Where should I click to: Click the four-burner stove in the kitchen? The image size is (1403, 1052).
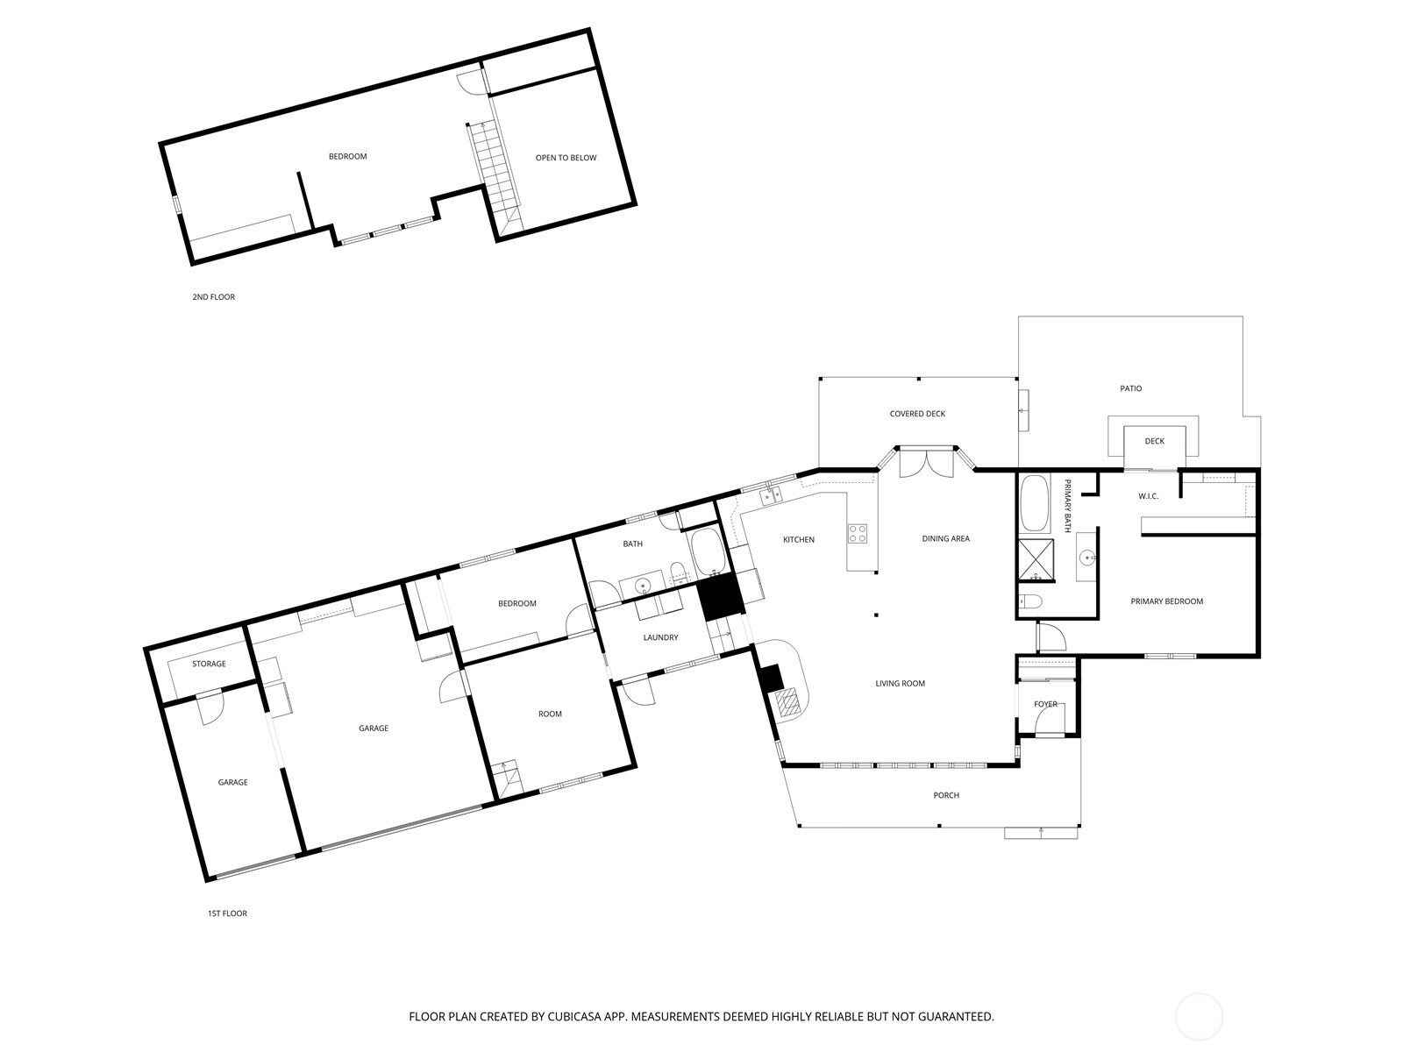[857, 533]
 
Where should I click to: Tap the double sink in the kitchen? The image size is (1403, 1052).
[770, 495]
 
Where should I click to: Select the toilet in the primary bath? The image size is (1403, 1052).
[1029, 601]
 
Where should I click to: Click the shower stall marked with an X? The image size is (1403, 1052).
[1036, 561]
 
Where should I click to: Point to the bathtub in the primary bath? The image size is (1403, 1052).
[1035, 503]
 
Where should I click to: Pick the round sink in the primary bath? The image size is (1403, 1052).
[1086, 559]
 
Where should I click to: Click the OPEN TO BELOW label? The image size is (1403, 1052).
[566, 158]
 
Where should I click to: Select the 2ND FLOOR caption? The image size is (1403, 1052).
[213, 297]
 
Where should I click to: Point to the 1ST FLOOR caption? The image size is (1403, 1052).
[227, 913]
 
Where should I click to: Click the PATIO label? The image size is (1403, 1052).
[1130, 388]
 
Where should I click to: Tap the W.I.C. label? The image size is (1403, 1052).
[1148, 496]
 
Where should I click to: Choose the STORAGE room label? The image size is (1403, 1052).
[209, 664]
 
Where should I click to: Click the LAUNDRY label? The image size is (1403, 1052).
[660, 637]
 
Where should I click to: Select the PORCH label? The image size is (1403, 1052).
[946, 795]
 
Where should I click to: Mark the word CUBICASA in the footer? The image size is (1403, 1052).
[574, 1016]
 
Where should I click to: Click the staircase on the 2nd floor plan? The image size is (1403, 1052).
[496, 175]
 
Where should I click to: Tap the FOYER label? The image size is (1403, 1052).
[1046, 705]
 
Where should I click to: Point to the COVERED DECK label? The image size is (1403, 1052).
[917, 414]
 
